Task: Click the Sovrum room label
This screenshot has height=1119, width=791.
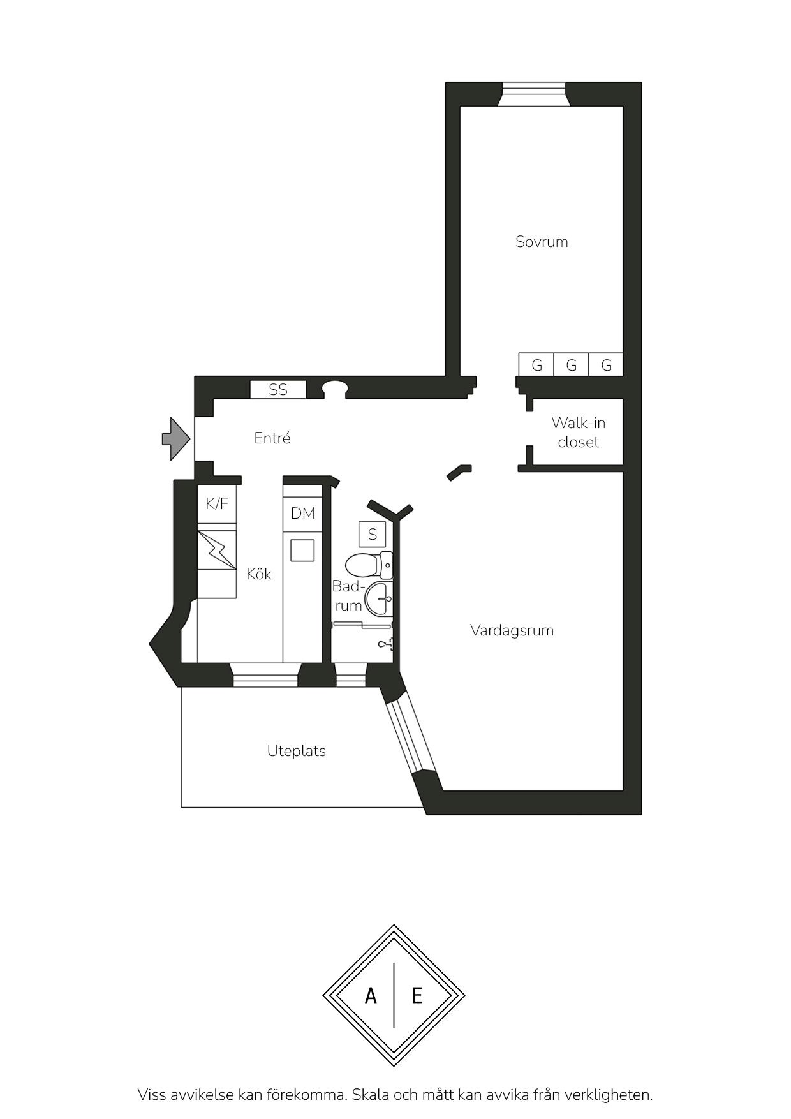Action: click(x=542, y=242)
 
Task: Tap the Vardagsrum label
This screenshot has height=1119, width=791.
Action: click(x=512, y=630)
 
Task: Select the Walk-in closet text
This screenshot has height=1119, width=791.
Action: click(x=578, y=433)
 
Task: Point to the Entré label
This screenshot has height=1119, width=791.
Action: click(x=272, y=438)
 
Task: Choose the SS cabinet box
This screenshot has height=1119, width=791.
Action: click(x=278, y=389)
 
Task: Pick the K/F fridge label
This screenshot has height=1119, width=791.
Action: click(x=217, y=504)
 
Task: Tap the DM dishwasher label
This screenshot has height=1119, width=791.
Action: click(x=303, y=513)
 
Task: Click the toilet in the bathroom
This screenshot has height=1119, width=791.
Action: click(x=369, y=565)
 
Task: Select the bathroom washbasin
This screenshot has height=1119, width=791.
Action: click(x=379, y=599)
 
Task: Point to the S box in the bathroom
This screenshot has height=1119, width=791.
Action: click(x=373, y=534)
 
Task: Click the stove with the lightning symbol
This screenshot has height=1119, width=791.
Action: click(x=217, y=550)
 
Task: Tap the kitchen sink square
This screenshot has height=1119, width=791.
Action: click(x=302, y=550)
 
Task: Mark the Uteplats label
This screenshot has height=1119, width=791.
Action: click(x=297, y=751)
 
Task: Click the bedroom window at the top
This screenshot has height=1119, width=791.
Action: click(x=532, y=93)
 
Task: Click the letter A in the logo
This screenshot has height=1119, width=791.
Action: click(x=371, y=995)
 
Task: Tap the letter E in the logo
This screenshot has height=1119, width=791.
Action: click(x=417, y=995)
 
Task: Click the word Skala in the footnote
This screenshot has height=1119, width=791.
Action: click(x=371, y=1095)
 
